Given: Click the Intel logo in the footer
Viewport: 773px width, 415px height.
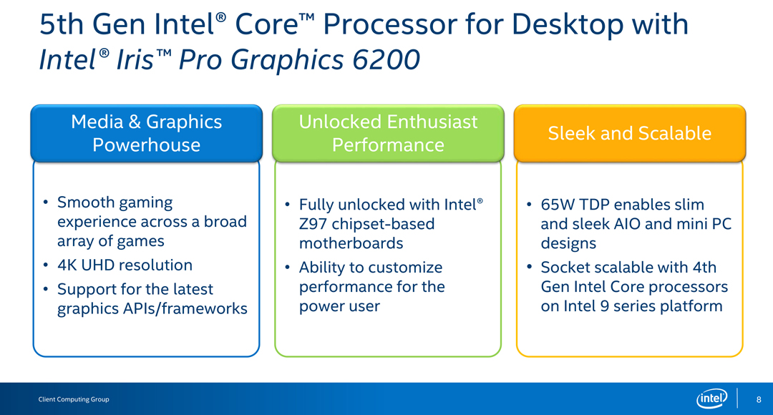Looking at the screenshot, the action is pos(712,399).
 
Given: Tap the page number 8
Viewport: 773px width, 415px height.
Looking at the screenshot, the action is pos(759,399).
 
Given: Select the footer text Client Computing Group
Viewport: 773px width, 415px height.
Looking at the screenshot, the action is pos(74,399).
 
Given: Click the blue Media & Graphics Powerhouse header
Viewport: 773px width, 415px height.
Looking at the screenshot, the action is pos(147,133).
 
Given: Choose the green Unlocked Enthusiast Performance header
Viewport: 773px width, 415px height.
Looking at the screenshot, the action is pos(388,133).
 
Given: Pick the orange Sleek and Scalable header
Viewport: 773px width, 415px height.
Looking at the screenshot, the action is pos(630,133).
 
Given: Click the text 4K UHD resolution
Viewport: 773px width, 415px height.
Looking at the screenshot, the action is pos(125,265).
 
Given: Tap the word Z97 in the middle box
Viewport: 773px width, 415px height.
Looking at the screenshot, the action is pos(313,224).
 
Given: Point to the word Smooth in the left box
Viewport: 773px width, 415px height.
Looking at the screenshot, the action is pos(87,202).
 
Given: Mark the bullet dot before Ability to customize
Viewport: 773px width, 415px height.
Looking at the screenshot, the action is pos(288,268).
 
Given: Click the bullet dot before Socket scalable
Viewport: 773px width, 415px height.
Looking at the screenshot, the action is pos(529,268).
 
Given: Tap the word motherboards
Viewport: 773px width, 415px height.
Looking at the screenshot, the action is pos(351,243).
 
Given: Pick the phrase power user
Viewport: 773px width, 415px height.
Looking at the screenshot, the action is pos(340,306).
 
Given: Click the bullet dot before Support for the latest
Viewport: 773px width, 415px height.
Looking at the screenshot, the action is pos(46,289).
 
